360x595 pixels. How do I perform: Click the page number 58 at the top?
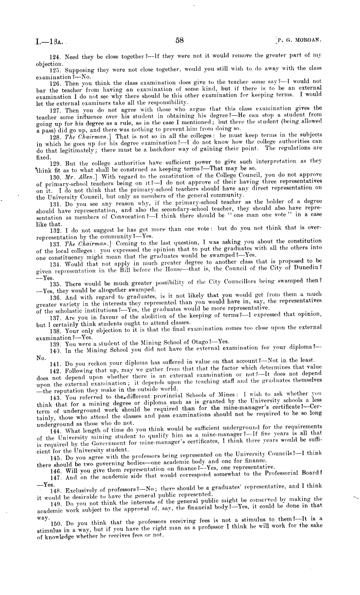click(179, 40)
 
